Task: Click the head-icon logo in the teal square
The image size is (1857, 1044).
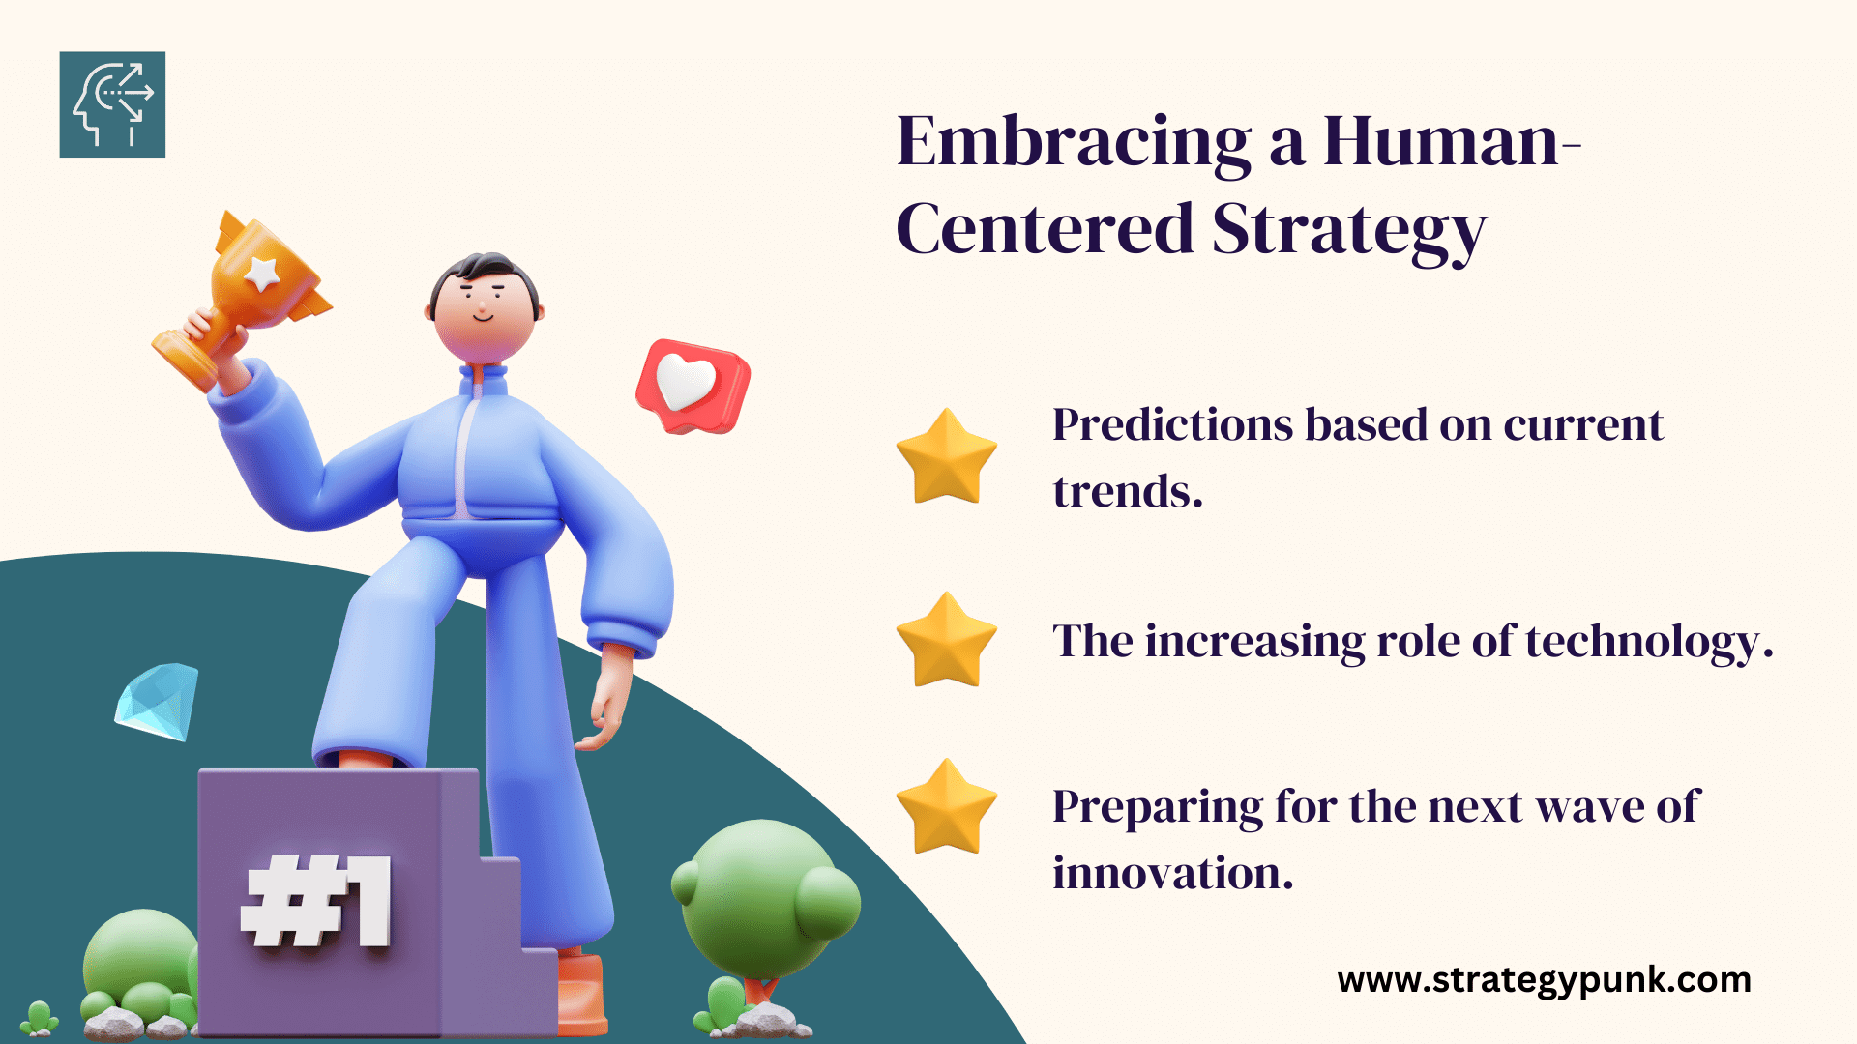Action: [x=112, y=104]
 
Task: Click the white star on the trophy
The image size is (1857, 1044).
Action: [x=262, y=274]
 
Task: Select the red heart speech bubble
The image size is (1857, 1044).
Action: [x=693, y=386]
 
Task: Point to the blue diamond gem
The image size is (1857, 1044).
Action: [x=157, y=702]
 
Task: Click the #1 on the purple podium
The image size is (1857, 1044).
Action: [x=316, y=901]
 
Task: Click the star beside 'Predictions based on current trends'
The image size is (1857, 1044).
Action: [x=946, y=456]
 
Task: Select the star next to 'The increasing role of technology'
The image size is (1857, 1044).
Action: [x=946, y=640]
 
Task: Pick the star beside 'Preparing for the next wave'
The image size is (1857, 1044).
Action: [x=946, y=806]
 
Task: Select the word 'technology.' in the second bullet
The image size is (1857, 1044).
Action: [x=1649, y=643]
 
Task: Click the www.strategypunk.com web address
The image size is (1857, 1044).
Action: [x=1544, y=980]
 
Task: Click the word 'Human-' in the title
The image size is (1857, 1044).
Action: [x=1452, y=142]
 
